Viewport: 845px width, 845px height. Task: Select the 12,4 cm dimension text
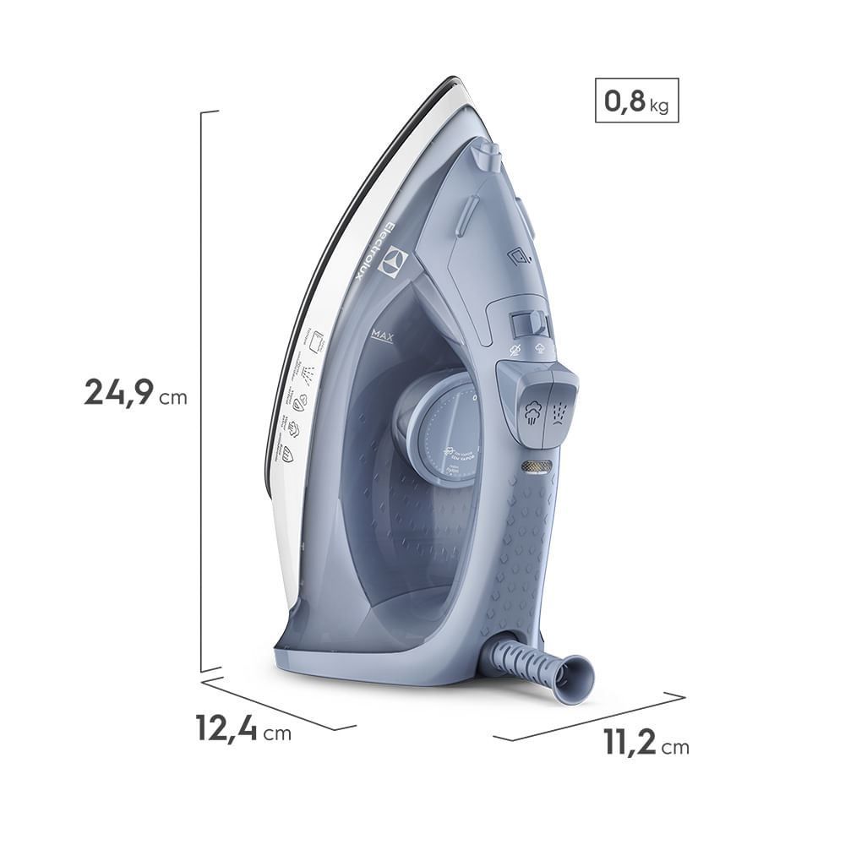[x=243, y=729]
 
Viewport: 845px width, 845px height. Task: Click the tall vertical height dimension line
[x=201, y=389]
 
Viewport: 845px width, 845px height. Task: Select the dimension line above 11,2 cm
[x=589, y=717]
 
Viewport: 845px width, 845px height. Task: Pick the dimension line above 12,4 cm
[x=279, y=704]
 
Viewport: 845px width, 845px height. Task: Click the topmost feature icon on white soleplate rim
[x=319, y=341]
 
